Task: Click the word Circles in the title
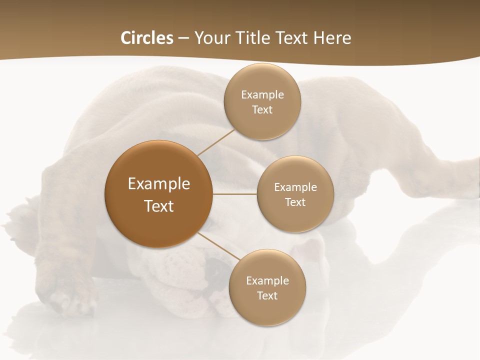146,38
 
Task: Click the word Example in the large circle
158,184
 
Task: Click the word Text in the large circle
158,206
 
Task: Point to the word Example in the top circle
262,95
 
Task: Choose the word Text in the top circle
262,110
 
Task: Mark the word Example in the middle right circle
295,187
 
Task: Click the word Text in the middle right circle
295,202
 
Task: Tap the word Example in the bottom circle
267,281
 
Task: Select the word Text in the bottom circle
267,296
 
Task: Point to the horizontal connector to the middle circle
235,194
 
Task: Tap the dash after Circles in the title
183,38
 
